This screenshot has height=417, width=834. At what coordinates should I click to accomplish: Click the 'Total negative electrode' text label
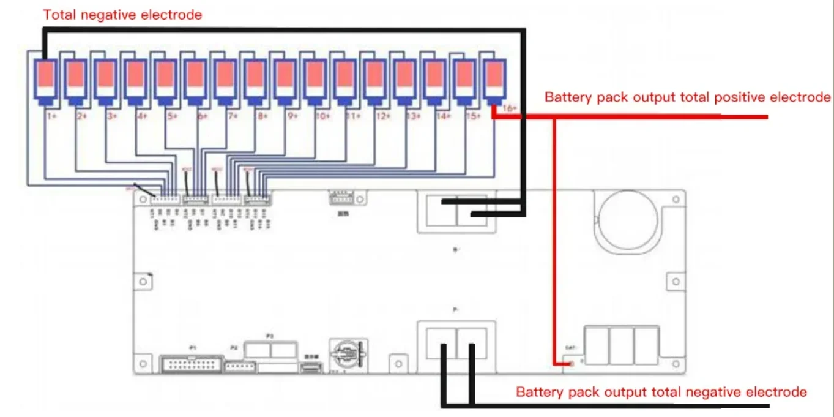click(x=122, y=15)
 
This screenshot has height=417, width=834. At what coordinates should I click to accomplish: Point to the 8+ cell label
click(x=262, y=115)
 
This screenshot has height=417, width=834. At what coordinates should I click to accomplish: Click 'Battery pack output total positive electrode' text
click(x=687, y=97)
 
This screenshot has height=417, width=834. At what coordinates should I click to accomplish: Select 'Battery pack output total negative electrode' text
click(x=661, y=392)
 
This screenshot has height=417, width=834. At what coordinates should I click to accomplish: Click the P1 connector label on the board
click(x=192, y=348)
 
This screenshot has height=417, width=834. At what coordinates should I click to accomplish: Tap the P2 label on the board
click(x=234, y=348)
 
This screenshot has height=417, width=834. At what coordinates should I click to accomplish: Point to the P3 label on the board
click(x=269, y=336)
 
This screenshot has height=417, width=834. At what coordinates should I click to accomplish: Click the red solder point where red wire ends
click(x=571, y=364)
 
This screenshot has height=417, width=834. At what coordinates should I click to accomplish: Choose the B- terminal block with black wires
click(x=456, y=211)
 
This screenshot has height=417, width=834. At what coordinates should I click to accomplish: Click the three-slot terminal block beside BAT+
click(x=621, y=345)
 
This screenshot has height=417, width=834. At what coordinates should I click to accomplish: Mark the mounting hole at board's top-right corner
click(x=675, y=200)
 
